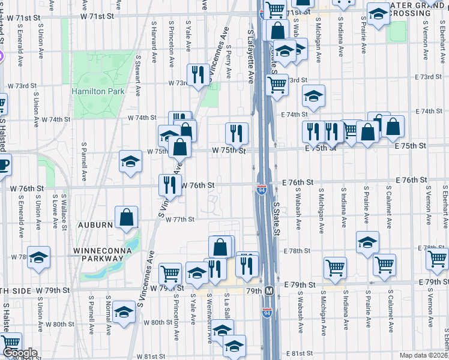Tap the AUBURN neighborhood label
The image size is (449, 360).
coord(95,225)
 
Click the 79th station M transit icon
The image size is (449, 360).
coord(270,291)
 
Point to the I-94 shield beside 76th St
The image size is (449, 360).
coord(262,190)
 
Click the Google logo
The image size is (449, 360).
coord(19,353)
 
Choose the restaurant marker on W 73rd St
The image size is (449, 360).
coord(197,74)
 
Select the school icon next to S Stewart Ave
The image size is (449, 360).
coord(130,161)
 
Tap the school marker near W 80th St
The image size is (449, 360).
coord(124,312)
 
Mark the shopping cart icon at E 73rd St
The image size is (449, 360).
coord(277,85)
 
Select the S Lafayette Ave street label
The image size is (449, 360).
coord(251,54)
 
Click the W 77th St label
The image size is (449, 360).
coord(180,220)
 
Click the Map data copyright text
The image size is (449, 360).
coord(423,355)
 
